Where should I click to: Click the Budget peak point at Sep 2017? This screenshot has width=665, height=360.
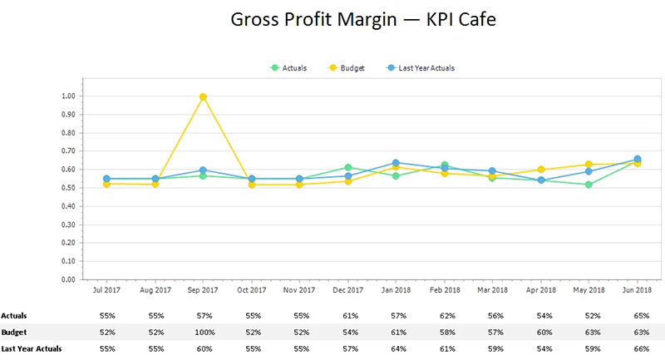pos(203,96)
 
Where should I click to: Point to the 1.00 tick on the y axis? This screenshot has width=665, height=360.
pos(68,96)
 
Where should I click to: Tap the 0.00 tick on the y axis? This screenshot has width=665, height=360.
pos(68,280)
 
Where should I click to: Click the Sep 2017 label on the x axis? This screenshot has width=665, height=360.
pos(203,291)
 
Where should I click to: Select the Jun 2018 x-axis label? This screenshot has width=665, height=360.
pos(637,291)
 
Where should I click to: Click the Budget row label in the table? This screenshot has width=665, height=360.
pos(13,331)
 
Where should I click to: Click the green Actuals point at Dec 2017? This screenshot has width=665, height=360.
pos(348,168)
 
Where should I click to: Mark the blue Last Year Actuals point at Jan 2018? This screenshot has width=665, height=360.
pos(397,163)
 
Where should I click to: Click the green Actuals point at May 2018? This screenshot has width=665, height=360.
pos(589,185)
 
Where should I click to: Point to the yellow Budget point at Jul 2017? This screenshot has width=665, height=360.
pos(106,184)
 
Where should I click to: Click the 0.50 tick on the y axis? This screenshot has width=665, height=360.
pos(68,188)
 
